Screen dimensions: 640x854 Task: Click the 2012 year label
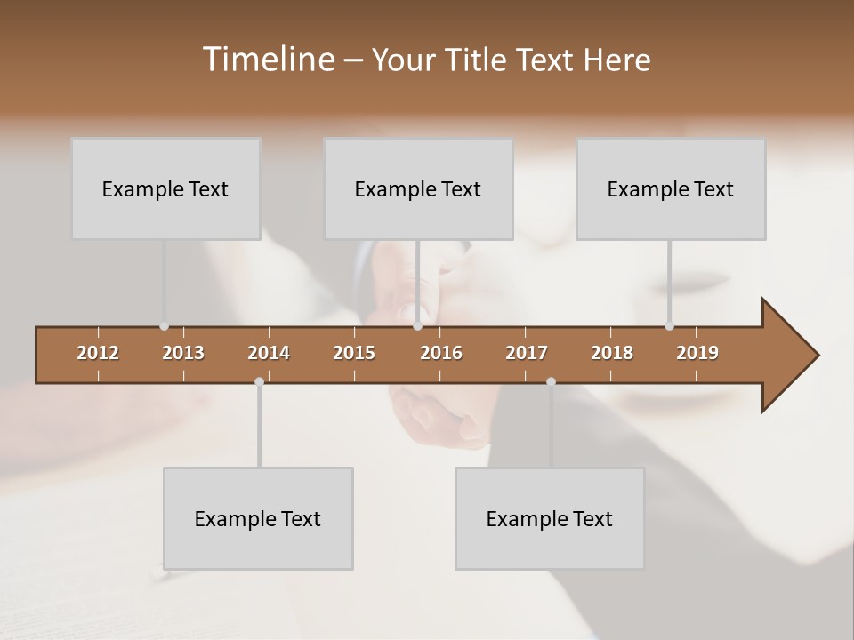click(98, 353)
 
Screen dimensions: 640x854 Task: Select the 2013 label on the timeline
click(183, 353)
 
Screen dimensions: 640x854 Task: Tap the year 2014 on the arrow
click(269, 353)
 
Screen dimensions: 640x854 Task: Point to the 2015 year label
click(354, 353)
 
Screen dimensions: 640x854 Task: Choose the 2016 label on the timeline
click(441, 353)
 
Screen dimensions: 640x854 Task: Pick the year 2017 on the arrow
click(527, 353)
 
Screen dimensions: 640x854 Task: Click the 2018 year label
click(612, 353)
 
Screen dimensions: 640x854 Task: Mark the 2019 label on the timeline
click(697, 353)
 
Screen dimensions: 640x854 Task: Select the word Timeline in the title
click(267, 60)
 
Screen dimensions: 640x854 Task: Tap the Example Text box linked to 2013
click(165, 188)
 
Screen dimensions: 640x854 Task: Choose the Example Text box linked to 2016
click(418, 188)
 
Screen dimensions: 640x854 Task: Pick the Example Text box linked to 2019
click(671, 188)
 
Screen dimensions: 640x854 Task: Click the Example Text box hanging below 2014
click(258, 518)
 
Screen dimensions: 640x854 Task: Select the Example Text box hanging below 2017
click(550, 518)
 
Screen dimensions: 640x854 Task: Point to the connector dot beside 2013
click(164, 326)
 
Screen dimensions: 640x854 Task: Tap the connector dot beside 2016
click(417, 326)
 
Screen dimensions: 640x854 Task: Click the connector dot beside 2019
click(669, 326)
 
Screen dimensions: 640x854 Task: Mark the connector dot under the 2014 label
click(259, 381)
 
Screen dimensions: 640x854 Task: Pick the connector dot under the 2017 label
click(551, 381)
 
